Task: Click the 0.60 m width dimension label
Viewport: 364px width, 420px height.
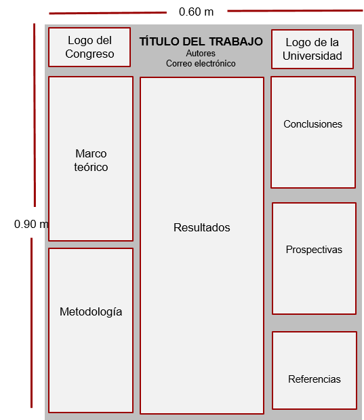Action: click(196, 12)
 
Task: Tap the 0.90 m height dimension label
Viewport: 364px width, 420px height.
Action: click(31, 224)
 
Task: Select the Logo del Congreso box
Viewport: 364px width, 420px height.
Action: click(89, 47)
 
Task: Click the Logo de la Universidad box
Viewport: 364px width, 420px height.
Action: click(312, 50)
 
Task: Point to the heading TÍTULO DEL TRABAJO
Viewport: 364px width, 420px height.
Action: click(201, 41)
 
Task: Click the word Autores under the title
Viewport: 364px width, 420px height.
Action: click(201, 54)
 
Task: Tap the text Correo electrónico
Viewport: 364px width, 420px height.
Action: click(201, 64)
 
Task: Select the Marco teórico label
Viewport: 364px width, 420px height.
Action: click(91, 160)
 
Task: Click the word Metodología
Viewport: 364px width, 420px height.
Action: click(91, 312)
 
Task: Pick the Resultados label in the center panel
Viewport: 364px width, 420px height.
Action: click(202, 227)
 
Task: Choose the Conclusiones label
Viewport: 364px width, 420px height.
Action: click(313, 124)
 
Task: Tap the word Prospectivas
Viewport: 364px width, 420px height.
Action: click(314, 250)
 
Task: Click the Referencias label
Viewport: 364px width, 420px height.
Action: click(315, 379)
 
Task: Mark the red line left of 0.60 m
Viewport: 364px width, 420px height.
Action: click(108, 13)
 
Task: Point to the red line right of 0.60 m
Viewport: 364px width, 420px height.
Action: click(295, 11)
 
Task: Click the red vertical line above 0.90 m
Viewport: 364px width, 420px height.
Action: click(35, 115)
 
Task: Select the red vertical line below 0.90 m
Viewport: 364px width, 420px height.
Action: click(31, 323)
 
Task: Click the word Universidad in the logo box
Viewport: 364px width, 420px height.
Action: click(312, 56)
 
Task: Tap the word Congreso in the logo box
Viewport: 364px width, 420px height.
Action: click(89, 54)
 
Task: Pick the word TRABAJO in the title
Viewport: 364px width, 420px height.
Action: click(236, 41)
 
